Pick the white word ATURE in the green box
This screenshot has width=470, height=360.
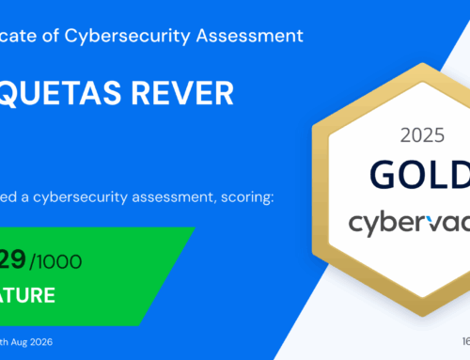click(27, 295)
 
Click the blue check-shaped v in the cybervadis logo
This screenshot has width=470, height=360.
click(418, 223)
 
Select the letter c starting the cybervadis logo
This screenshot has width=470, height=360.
click(355, 224)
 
